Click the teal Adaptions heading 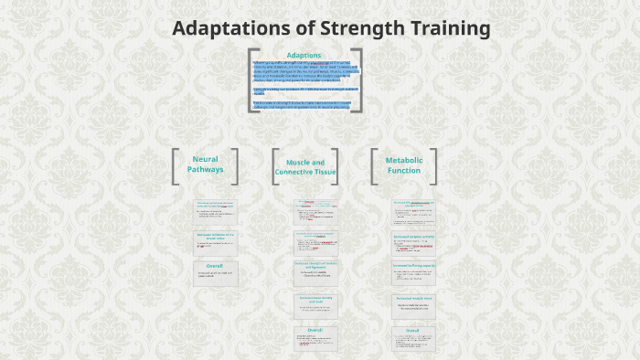pos(304,55)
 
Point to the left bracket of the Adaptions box pos(251,80)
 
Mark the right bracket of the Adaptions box pos(357,80)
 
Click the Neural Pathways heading pos(205,164)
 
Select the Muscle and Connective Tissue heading pos(305,167)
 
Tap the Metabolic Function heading pos(404,164)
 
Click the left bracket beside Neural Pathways pos(175,166)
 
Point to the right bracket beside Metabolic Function pos(433,166)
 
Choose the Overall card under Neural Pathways pos(215,273)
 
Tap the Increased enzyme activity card pos(412,242)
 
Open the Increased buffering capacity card pos(412,272)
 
